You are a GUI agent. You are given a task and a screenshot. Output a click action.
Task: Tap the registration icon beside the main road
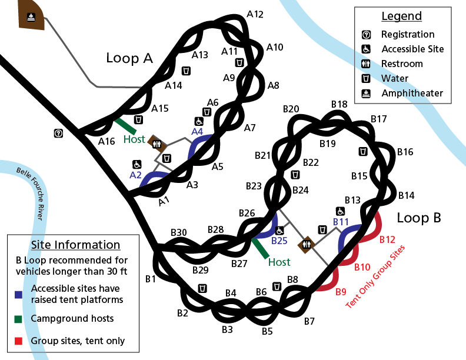pyautogui.click(x=58, y=134)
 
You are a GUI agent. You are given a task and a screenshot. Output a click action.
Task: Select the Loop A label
pyautogui.click(x=129, y=58)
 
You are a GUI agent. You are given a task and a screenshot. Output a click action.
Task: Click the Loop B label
pyautogui.click(x=418, y=218)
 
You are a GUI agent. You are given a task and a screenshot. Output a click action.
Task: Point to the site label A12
pyautogui.click(x=255, y=14)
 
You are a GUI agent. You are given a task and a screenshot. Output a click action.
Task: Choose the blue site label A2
pyautogui.click(x=135, y=175)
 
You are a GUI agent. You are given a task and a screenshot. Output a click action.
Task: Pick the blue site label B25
pyautogui.click(x=279, y=241)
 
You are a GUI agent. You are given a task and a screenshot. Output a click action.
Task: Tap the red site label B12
pyautogui.click(x=388, y=239)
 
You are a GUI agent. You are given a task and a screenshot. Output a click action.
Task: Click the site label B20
pyautogui.click(x=291, y=109)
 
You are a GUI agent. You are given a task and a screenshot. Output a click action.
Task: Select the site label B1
pyautogui.click(x=151, y=278)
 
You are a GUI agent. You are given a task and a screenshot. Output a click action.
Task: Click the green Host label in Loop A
pyautogui.click(x=134, y=139)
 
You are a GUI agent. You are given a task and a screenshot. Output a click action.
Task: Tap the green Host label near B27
pyautogui.click(x=279, y=262)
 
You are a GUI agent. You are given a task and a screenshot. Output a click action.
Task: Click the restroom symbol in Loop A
pyautogui.click(x=157, y=142)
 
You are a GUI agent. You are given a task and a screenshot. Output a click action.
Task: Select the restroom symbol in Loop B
pyautogui.click(x=307, y=244)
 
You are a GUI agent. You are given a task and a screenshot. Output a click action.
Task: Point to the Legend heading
pyautogui.click(x=402, y=16)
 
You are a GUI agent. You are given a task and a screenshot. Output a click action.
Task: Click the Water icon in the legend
pyautogui.click(x=365, y=78)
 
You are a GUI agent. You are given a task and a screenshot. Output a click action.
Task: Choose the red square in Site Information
pyautogui.click(x=19, y=341)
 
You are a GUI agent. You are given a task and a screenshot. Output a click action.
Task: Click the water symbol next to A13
pyautogui.click(x=186, y=71)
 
